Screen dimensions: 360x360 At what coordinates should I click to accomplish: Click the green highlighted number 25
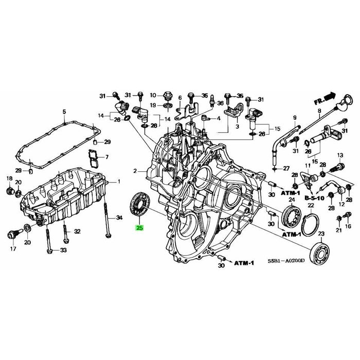[139, 228]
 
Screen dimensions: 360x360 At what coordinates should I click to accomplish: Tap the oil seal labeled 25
[139, 204]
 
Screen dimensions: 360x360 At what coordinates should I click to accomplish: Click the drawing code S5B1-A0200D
[286, 261]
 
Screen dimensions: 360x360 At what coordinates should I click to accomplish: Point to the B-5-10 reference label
[314, 198]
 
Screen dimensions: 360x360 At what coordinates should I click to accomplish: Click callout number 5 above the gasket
[64, 112]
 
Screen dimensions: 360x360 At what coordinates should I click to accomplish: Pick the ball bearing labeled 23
[320, 254]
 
